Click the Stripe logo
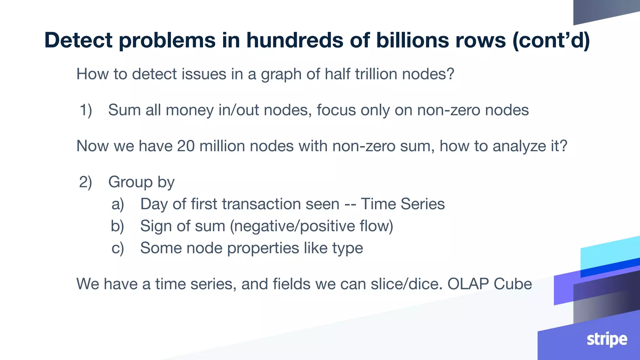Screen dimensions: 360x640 pos(607,339)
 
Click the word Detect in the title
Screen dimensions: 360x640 pos(78,40)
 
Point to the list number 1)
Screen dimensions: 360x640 pos(86,110)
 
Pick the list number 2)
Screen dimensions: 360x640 pos(85,182)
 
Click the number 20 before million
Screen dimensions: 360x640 pos(186,146)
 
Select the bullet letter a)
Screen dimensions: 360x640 pos(118,204)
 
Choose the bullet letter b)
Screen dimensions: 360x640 pos(117,226)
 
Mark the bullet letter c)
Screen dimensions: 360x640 pos(117,248)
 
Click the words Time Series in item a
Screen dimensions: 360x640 pos(402,204)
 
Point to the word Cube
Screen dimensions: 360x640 pos(512,284)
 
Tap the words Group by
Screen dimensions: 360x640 pos(141,182)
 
